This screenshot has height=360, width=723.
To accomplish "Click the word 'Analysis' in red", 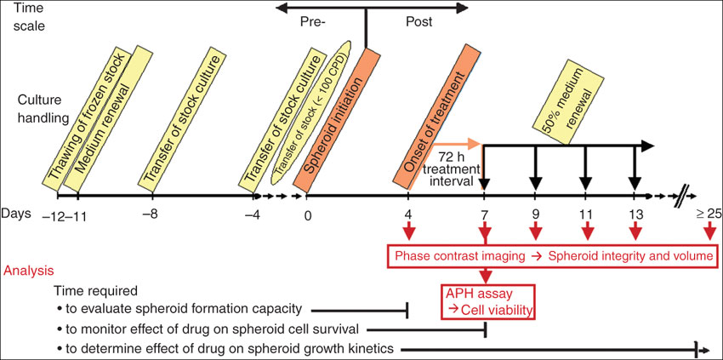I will click(x=30, y=271).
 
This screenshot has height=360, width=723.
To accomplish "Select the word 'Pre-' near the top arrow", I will click(x=314, y=22).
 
